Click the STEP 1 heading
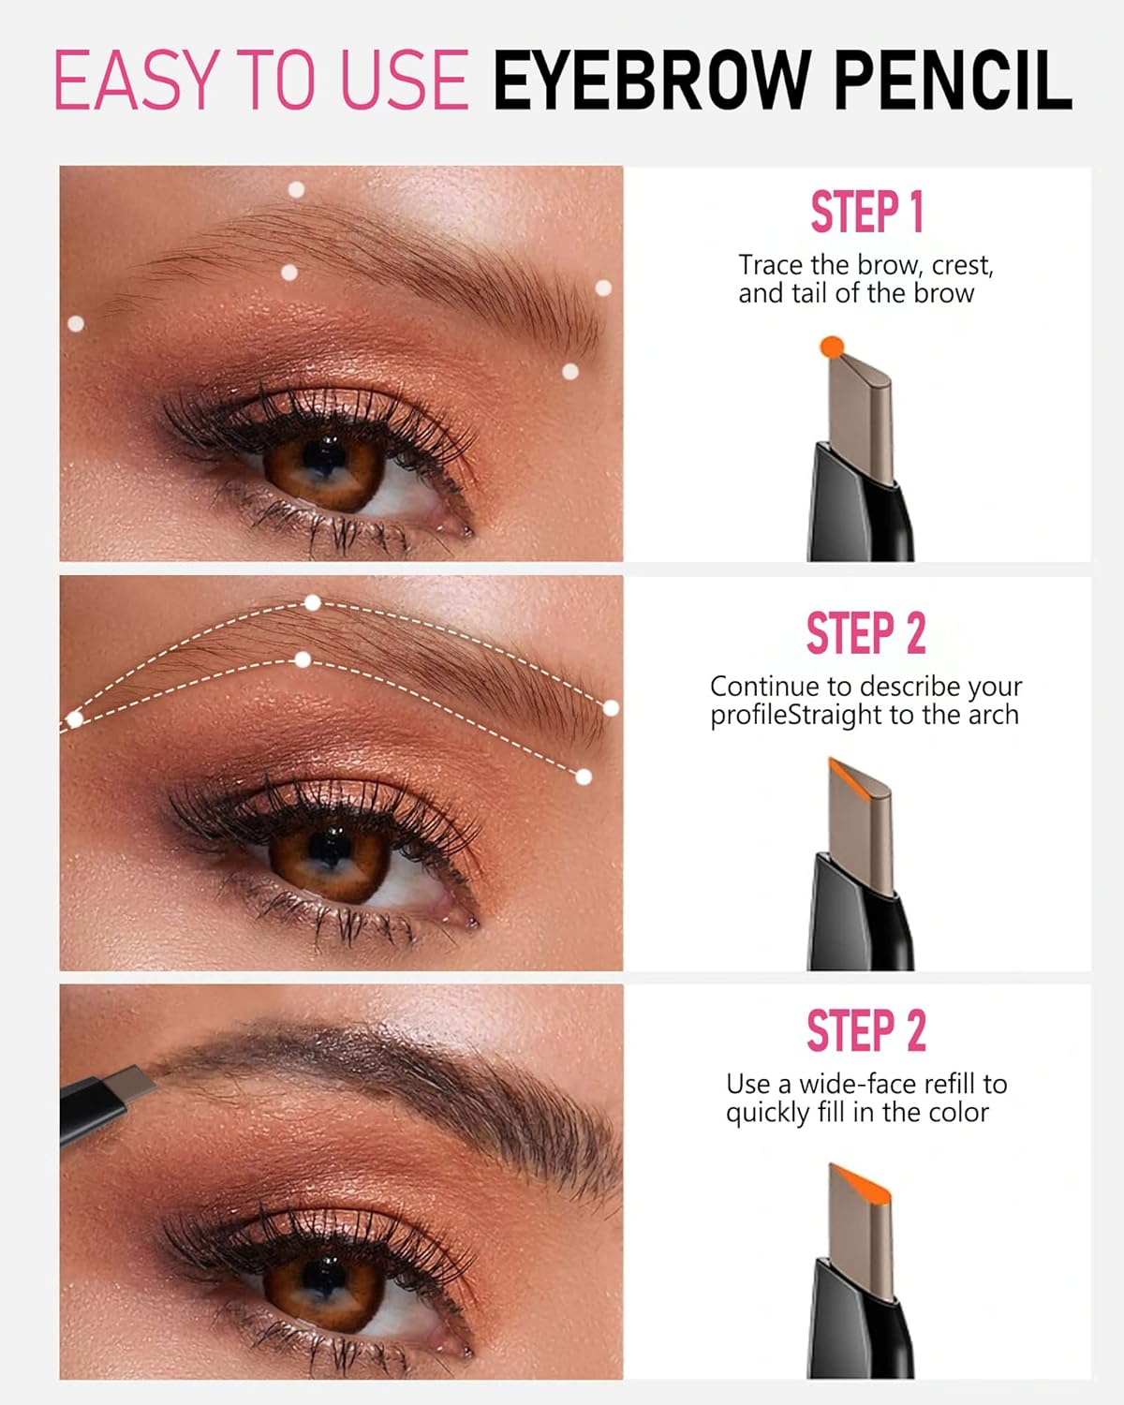[866, 212]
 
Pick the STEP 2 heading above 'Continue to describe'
[866, 633]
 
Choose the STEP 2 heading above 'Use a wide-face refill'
[866, 1031]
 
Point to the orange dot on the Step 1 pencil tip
[831, 348]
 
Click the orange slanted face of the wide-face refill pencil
[858, 1178]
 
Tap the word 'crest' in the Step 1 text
[962, 266]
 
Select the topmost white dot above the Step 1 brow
[296, 190]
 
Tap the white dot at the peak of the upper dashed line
[313, 603]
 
